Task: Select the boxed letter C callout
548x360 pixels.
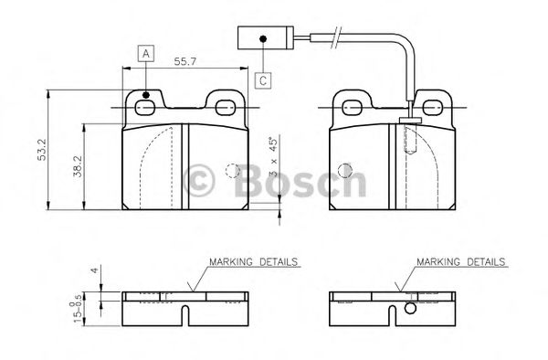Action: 262,79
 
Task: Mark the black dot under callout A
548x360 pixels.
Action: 145,95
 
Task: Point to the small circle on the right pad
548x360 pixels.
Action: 344,170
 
